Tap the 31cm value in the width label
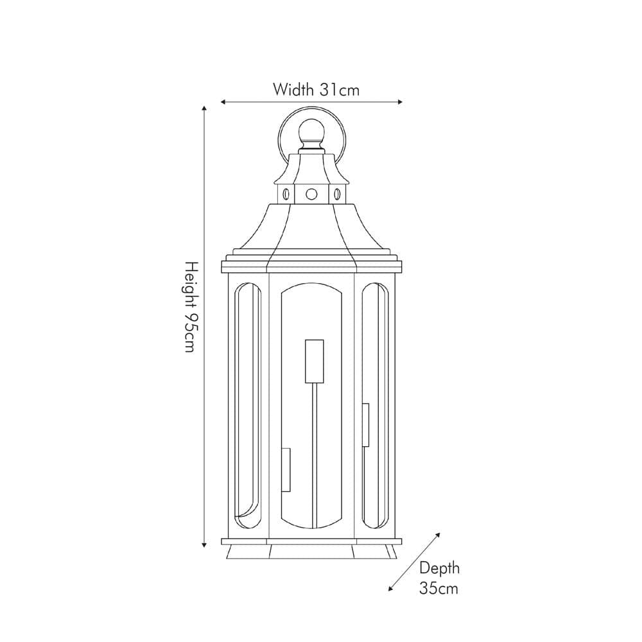point(340,90)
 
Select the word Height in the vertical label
point(190,286)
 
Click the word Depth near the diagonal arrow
point(439,568)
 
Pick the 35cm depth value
point(439,588)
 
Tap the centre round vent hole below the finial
point(311,193)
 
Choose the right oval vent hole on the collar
point(336,193)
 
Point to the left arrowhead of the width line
point(223,101)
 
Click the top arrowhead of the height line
point(204,109)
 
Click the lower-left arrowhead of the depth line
point(392,589)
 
